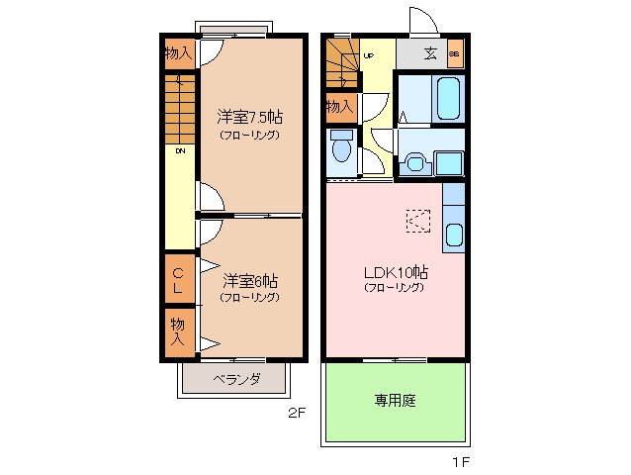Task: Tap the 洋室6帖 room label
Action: pyautogui.click(x=249, y=280)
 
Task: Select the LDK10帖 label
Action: pyautogui.click(x=394, y=271)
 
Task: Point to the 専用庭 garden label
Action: pyautogui.click(x=394, y=401)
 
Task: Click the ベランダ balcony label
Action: pyautogui.click(x=235, y=379)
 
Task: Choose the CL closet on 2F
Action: pyautogui.click(x=178, y=280)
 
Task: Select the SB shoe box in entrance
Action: pyautogui.click(x=454, y=53)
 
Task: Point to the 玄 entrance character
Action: pyautogui.click(x=431, y=53)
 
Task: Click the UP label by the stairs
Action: pyautogui.click(x=368, y=55)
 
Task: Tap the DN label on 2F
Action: pyautogui.click(x=181, y=151)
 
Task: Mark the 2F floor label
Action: pyautogui.click(x=296, y=415)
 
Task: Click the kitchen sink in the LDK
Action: pyautogui.click(x=454, y=236)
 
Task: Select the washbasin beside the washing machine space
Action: pyautogui.click(x=414, y=160)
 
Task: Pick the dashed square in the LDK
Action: pyautogui.click(x=417, y=220)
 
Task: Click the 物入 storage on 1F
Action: pyautogui.click(x=339, y=106)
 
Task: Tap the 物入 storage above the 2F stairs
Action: pyautogui.click(x=178, y=52)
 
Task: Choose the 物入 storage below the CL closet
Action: pyautogui.click(x=178, y=331)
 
